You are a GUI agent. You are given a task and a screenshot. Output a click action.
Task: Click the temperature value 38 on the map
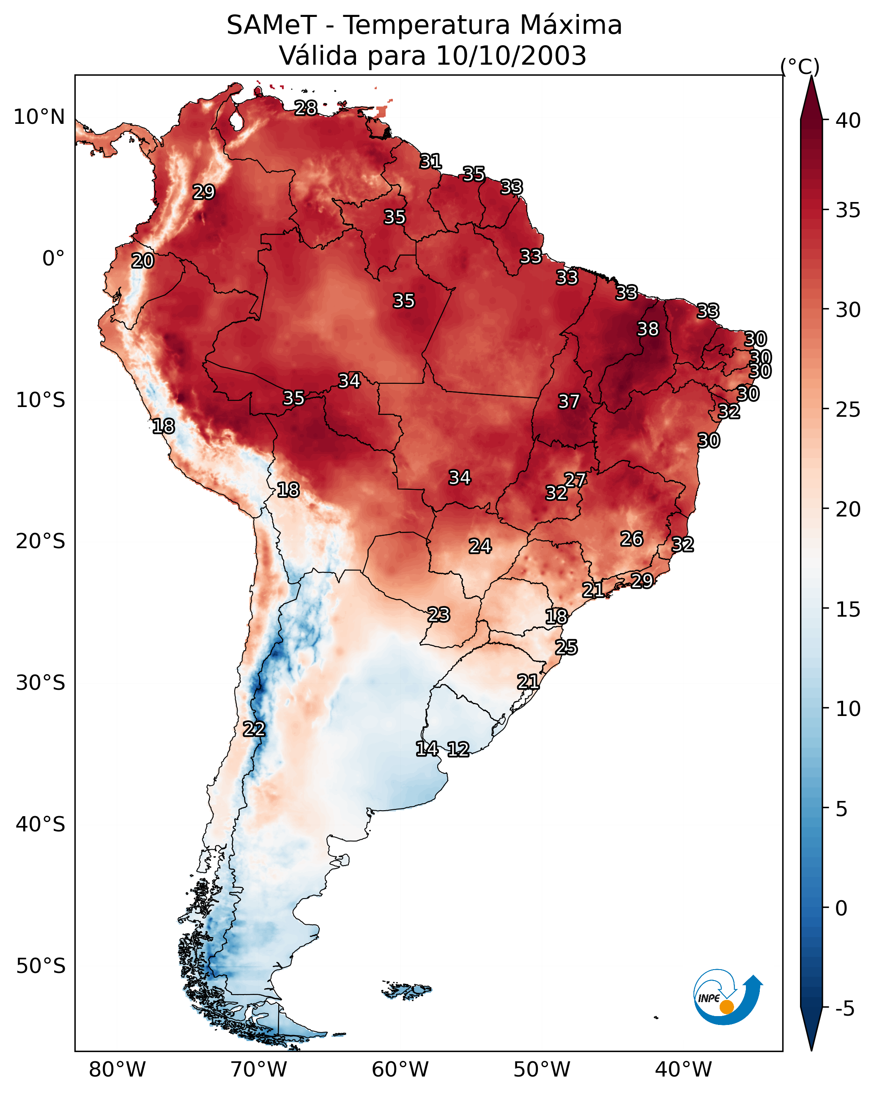tap(648, 329)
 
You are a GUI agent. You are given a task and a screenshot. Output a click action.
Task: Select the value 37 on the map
tap(569, 402)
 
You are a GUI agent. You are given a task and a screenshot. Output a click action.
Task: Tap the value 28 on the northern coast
tap(306, 108)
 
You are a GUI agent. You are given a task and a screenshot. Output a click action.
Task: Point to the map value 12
tap(458, 749)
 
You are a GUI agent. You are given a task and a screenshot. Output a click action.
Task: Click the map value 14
tap(427, 749)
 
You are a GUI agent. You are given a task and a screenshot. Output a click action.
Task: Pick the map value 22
tap(254, 729)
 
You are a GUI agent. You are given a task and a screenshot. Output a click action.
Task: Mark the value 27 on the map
tap(575, 480)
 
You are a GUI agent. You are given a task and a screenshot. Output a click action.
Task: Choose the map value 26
tap(632, 539)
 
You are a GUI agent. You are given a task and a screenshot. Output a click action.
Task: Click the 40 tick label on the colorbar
tap(848, 120)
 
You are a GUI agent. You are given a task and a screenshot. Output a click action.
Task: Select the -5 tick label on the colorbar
tap(844, 1009)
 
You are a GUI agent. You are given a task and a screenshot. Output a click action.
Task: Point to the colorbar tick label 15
tap(848, 609)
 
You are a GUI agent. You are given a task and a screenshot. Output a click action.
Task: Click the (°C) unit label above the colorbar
tap(800, 66)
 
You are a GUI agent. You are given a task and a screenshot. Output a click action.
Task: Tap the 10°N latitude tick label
tap(39, 117)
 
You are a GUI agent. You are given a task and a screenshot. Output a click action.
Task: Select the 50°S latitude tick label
tap(41, 966)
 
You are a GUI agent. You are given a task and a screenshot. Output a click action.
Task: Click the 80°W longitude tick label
tap(117, 1070)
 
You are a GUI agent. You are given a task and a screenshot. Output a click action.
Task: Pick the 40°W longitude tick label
tap(683, 1070)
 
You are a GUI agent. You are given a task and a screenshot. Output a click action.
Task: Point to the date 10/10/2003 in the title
tap(511, 55)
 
